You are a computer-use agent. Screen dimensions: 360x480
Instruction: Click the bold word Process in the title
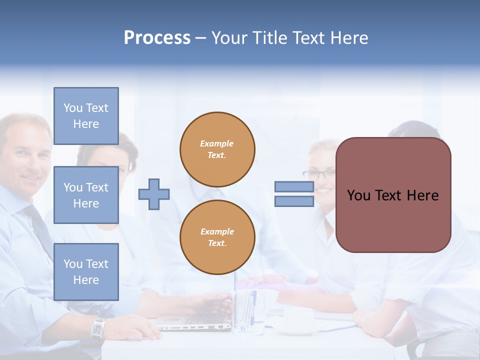click(157, 37)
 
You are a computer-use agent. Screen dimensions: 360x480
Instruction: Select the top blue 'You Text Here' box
click(86, 116)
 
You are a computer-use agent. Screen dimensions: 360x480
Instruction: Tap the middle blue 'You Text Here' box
click(86, 195)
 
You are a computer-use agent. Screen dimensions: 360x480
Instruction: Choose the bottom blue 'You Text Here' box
click(86, 271)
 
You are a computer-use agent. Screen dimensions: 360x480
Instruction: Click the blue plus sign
click(154, 194)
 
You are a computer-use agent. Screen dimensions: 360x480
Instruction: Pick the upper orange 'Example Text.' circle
click(217, 149)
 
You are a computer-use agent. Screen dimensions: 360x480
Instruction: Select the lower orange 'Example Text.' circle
click(217, 237)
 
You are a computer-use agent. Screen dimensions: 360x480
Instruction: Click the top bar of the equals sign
click(294, 187)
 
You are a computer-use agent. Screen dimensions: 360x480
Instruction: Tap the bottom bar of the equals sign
click(294, 201)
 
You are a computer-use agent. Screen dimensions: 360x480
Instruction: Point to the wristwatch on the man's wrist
click(98, 328)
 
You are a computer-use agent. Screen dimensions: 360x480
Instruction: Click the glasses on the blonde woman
click(319, 174)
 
